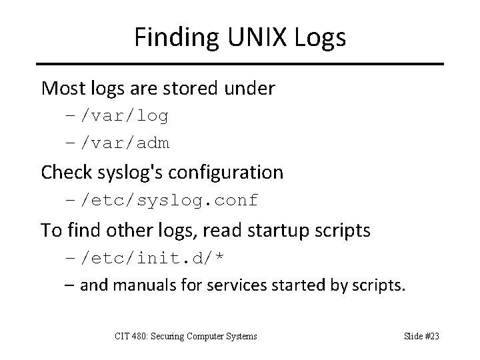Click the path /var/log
[125, 117]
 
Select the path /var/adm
[125, 142]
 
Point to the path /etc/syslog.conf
[169, 199]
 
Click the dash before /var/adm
[71, 142]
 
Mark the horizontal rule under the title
[240, 64]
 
